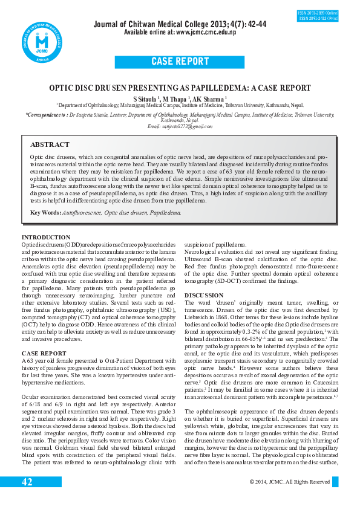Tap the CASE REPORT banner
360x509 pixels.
click(180, 62)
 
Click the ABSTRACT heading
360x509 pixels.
click(50, 145)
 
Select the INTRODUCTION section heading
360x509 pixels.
click(46, 237)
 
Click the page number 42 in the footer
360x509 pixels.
click(27, 482)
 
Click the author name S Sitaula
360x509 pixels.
click(145, 98)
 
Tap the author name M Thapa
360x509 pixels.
click(177, 98)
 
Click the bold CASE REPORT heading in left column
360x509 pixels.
click(44, 352)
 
